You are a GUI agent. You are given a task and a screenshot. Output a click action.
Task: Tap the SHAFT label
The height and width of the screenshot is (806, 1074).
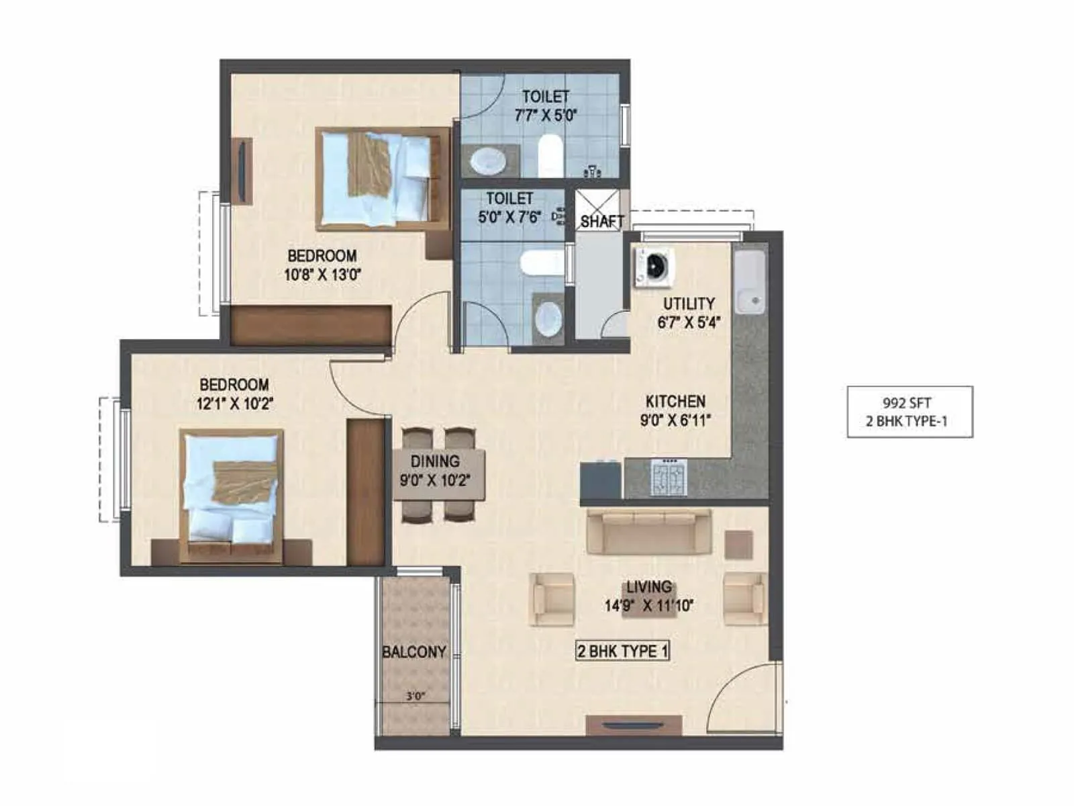pos(602,221)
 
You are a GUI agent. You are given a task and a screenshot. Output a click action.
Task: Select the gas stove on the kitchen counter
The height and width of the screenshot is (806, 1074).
pos(669,478)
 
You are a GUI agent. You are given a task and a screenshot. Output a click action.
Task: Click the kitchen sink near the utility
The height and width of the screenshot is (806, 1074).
pos(749,281)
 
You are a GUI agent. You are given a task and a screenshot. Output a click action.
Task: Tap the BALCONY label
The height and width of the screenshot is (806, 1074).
pos(413,652)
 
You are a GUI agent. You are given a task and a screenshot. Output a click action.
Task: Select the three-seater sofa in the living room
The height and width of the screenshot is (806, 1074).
pos(648,531)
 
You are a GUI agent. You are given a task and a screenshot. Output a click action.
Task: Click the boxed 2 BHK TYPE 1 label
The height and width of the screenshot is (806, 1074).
pos(622,651)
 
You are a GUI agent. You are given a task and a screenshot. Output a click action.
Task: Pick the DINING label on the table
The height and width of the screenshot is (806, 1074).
pos(435,461)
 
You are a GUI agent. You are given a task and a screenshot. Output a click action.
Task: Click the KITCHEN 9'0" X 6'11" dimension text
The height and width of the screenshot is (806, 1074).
pos(675,420)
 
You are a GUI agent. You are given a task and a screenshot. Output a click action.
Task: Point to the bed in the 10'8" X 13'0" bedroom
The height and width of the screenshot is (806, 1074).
pos(381,178)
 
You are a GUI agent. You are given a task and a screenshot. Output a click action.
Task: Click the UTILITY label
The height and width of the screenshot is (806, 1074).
pos(689,304)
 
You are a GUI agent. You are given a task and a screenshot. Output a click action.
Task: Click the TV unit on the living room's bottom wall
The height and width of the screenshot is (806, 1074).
pos(634,725)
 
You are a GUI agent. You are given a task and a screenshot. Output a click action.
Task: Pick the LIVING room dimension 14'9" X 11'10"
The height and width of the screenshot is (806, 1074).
pos(648,606)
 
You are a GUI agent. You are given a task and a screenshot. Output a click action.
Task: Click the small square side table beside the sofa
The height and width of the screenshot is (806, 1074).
pos(738,545)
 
